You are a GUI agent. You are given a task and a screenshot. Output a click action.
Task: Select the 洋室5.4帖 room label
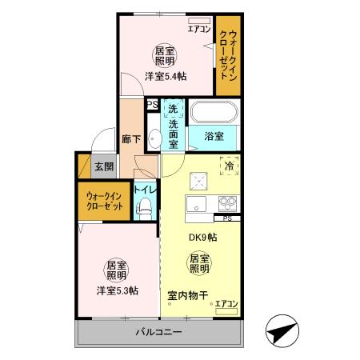tap(166, 77)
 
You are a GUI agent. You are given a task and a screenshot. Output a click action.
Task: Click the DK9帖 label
tap(202, 237)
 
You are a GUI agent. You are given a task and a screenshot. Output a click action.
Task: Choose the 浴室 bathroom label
tap(214, 136)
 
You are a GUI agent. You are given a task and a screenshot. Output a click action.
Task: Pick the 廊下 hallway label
tap(131, 138)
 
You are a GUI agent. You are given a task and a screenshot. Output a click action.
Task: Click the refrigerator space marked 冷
tap(228, 167)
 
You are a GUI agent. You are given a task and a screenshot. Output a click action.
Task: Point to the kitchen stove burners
tap(226, 202)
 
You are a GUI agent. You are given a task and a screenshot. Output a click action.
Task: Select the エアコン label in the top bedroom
tap(199, 30)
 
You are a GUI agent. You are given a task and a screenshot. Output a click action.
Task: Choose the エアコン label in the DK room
tap(226, 304)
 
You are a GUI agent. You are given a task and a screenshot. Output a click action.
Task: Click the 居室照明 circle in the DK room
tap(199, 263)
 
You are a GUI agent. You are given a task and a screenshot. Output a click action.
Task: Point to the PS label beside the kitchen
tap(227, 218)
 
